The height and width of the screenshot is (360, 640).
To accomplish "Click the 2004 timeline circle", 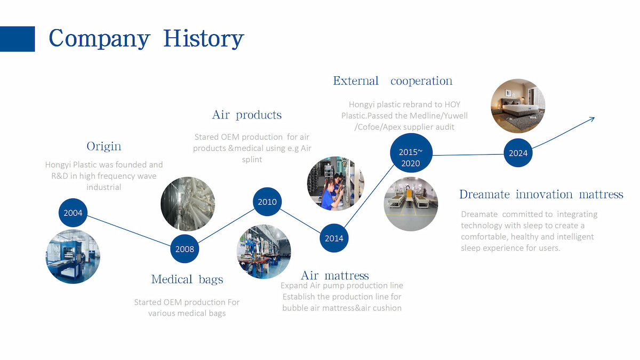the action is [x=73, y=213].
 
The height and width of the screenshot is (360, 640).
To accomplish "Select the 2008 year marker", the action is [x=185, y=249].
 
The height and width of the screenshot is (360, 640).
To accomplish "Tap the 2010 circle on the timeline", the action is [x=267, y=202].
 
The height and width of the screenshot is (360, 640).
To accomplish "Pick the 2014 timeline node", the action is [x=334, y=238].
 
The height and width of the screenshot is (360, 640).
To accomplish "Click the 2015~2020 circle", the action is [x=411, y=153].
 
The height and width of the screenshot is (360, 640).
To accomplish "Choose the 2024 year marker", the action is [x=518, y=153].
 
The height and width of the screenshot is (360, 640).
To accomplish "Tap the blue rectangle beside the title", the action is [x=17, y=39].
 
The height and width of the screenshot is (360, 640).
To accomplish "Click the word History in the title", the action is [x=203, y=39].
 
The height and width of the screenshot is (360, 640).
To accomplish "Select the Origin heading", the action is [x=104, y=146].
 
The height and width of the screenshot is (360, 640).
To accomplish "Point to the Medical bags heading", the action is [x=187, y=279].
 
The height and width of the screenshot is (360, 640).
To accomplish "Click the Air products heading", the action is [x=247, y=115].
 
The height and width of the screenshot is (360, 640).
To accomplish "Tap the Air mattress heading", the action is [x=335, y=275].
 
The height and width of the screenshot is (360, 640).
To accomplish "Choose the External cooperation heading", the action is [x=393, y=81].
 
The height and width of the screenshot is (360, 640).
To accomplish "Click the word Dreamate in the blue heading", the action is [x=485, y=194].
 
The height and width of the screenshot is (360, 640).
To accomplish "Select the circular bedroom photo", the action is [x=518, y=106].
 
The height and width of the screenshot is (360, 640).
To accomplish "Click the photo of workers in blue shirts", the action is [x=335, y=183].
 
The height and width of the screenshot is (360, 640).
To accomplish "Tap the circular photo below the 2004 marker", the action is [x=73, y=257].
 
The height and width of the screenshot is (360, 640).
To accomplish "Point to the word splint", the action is [x=252, y=159].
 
